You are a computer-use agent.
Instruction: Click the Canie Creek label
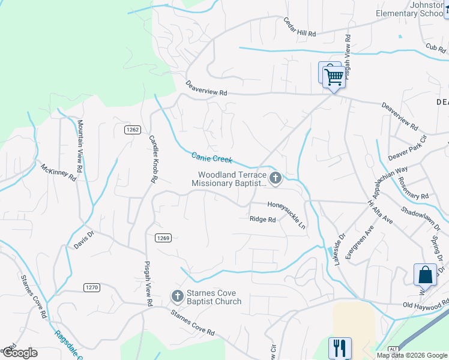(x=211, y=158)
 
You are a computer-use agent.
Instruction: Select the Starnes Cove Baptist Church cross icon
(x=177, y=295)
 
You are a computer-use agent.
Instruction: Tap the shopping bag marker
(x=425, y=275)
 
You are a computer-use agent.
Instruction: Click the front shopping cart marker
(x=333, y=77)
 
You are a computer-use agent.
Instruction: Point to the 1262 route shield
(x=133, y=130)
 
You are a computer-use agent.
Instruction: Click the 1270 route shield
(x=91, y=287)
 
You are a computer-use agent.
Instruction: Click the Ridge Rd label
(x=262, y=220)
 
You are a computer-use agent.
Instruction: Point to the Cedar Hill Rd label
(x=300, y=27)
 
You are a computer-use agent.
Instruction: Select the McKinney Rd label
(x=58, y=172)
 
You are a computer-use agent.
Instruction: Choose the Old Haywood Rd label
(x=426, y=305)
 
